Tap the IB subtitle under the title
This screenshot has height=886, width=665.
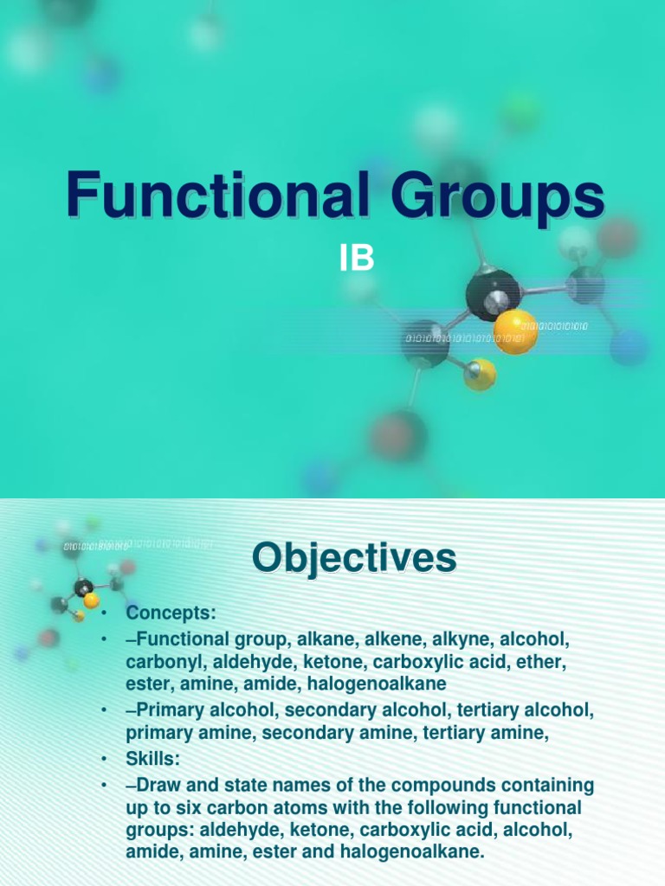(355, 258)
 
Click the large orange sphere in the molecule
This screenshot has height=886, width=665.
(515, 331)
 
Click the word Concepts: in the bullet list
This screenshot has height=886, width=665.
(171, 613)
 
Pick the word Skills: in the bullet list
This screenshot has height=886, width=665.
(153, 759)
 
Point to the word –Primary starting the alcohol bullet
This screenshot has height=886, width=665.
(167, 710)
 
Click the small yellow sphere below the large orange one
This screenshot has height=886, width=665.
(480, 375)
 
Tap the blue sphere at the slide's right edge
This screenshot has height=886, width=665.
(629, 346)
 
